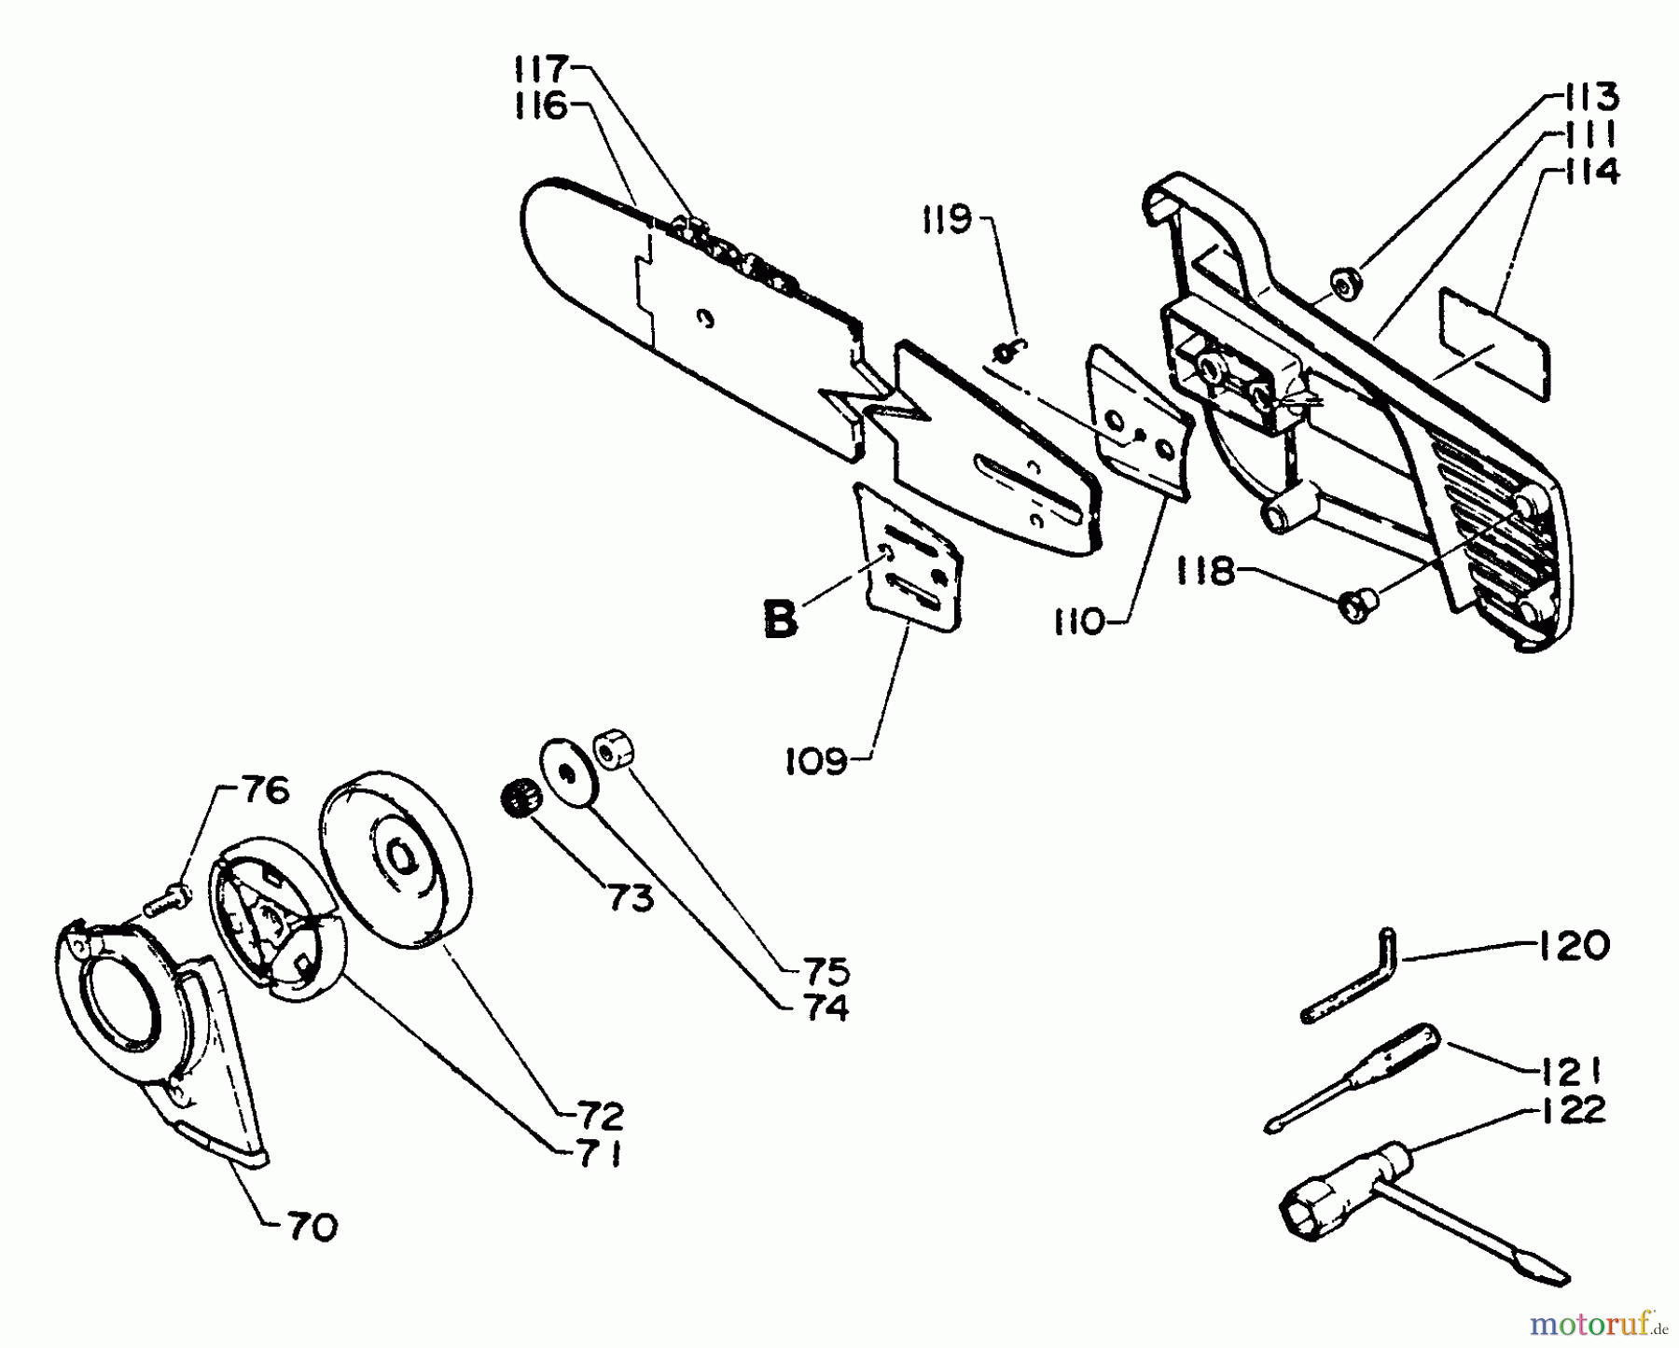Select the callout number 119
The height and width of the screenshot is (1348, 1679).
tap(946, 220)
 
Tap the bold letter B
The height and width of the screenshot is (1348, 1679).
tap(780, 620)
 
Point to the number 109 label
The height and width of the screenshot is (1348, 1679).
tap(816, 761)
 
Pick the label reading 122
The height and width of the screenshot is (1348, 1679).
tap(1574, 1110)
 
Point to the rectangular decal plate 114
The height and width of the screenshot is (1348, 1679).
tap(1492, 343)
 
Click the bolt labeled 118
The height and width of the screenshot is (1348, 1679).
tap(1353, 606)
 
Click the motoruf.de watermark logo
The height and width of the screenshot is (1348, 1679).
tap(1599, 1322)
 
